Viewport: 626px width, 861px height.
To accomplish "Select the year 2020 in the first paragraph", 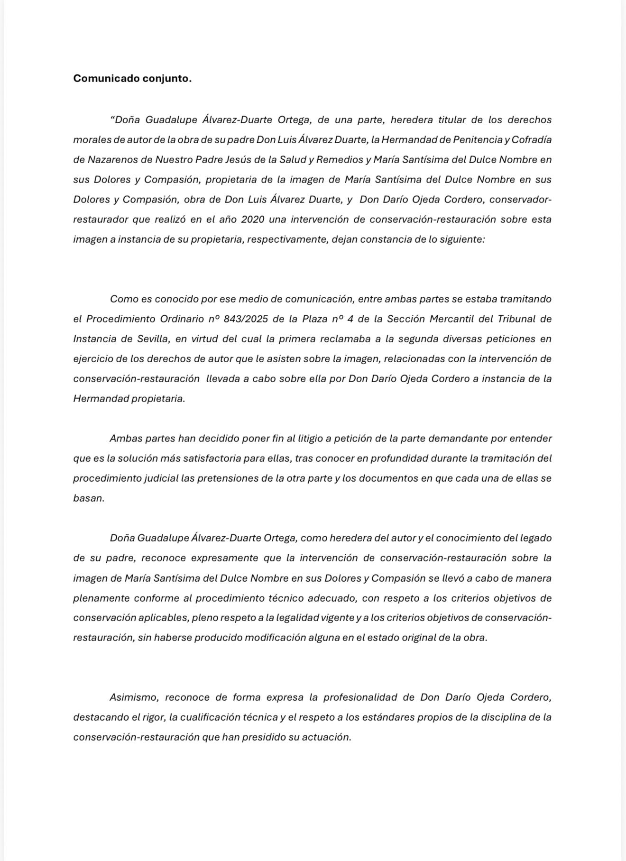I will (254, 220).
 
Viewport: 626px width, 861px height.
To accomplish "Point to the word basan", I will (88, 498).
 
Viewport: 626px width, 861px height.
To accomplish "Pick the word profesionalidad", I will (367, 697).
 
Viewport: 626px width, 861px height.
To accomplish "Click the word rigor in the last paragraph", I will (153, 717).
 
